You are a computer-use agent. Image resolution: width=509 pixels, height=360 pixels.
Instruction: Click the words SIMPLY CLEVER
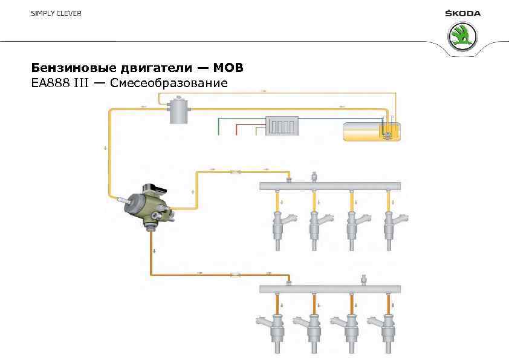pos(56,13)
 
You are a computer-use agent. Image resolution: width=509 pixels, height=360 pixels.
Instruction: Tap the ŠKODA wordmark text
pos(463,13)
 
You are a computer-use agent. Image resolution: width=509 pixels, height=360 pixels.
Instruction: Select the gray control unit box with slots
pos(282,126)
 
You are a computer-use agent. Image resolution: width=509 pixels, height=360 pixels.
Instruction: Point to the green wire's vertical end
pos(218,127)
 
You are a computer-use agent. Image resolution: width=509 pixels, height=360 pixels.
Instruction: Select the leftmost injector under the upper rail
pos(279,225)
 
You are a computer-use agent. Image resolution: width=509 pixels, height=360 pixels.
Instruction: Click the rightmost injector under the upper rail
pos(391,225)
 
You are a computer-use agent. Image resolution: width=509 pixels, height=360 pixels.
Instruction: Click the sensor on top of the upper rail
pos(314,177)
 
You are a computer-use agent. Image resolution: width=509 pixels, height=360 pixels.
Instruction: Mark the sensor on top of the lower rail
pos(364,280)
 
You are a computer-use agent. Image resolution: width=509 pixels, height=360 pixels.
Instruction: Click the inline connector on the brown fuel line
pos(235,275)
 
